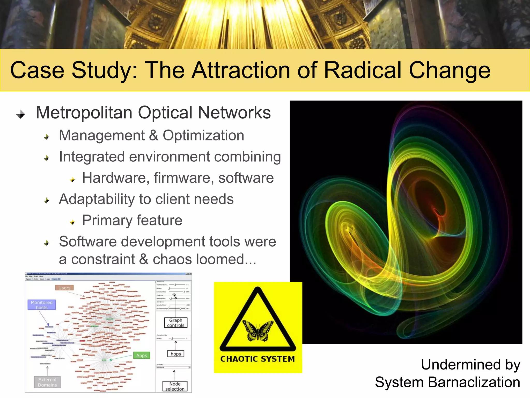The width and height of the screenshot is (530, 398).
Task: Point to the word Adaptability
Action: pos(96,200)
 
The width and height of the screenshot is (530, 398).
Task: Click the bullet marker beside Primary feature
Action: pos(72,222)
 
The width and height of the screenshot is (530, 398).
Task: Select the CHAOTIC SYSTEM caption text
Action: pos(257,359)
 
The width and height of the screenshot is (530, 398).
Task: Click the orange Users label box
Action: pos(64,288)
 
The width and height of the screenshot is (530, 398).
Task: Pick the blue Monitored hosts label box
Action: pos(42,305)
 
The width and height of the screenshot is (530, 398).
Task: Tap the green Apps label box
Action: pos(142,356)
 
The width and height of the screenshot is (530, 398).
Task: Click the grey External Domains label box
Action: pos(47,382)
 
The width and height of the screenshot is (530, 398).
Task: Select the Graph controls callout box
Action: pos(176,323)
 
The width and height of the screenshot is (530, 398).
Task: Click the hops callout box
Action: pos(176,354)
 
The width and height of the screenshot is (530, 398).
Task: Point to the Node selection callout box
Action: pos(175,386)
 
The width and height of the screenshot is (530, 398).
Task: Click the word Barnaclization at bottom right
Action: pos(474,382)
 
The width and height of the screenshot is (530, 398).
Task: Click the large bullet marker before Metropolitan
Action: pos(20,114)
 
